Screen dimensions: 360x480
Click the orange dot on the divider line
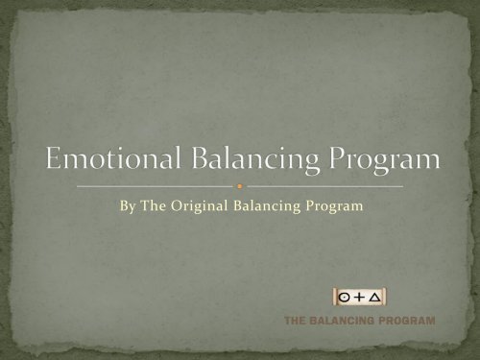point(240,185)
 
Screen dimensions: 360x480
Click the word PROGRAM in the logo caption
point(407,320)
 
